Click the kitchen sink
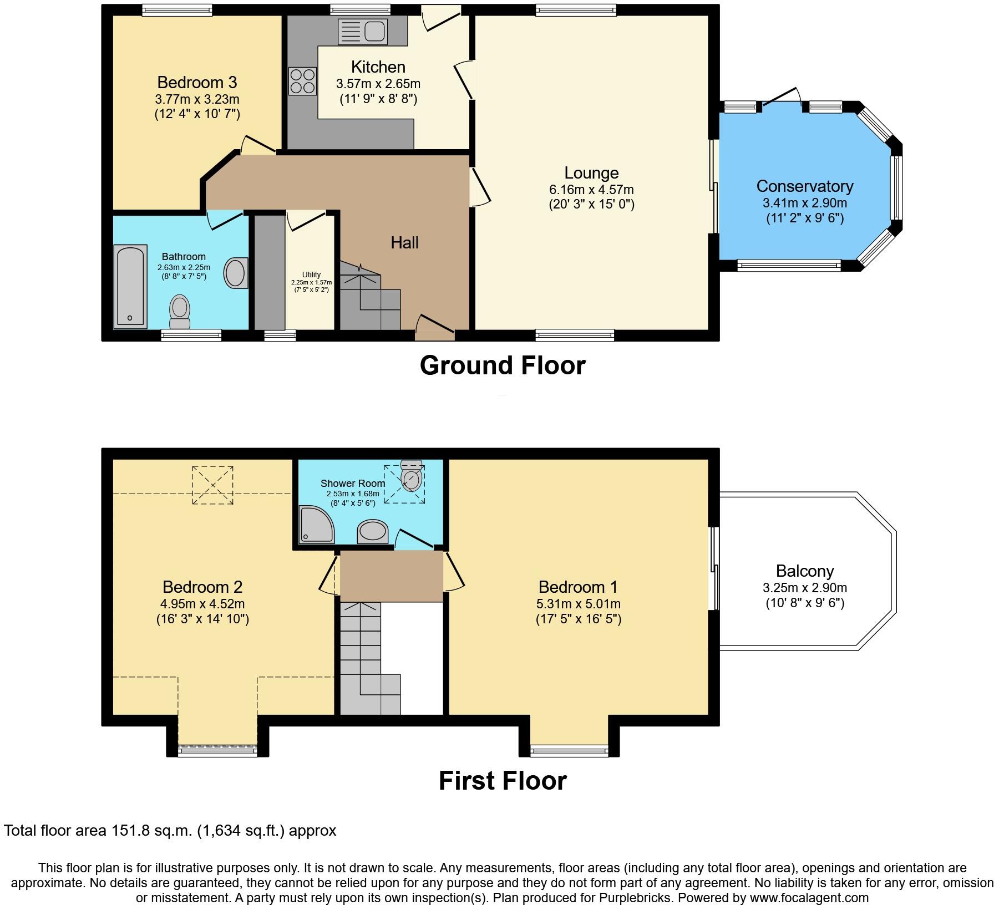(362, 30)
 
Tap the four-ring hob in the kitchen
(302, 81)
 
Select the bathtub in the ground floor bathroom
(130, 286)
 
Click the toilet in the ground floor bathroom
(180, 312)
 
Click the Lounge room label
(591, 173)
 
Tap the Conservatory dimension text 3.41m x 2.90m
(804, 203)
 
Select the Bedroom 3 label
(197, 83)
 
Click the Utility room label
(311, 274)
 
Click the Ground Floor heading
(502, 365)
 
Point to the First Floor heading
(502, 781)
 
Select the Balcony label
(804, 571)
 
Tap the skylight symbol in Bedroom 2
(212, 485)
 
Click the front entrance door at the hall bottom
(435, 328)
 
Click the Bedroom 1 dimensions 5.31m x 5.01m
(578, 604)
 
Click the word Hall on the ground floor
(404, 242)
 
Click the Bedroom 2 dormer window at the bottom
(217, 751)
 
